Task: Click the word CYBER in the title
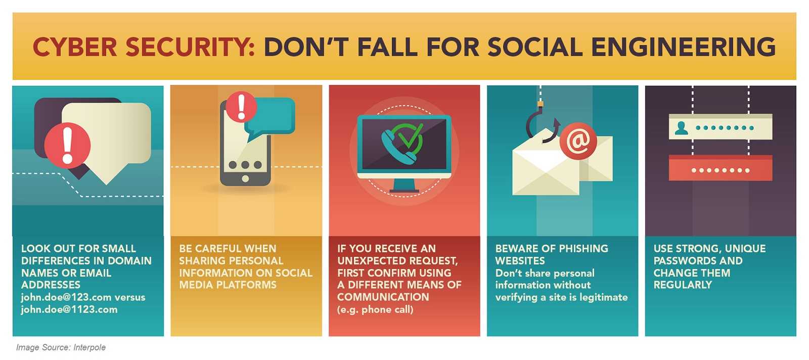(75, 47)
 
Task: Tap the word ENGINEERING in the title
(683, 47)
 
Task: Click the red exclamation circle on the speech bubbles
(67, 146)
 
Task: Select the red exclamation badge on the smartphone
(241, 107)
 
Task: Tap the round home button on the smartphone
(245, 179)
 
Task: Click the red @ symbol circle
(578, 141)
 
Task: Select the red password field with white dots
(721, 168)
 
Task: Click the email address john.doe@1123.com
(69, 309)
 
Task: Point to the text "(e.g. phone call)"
(375, 309)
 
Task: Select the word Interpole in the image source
(89, 347)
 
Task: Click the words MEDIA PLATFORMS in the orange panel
(228, 285)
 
